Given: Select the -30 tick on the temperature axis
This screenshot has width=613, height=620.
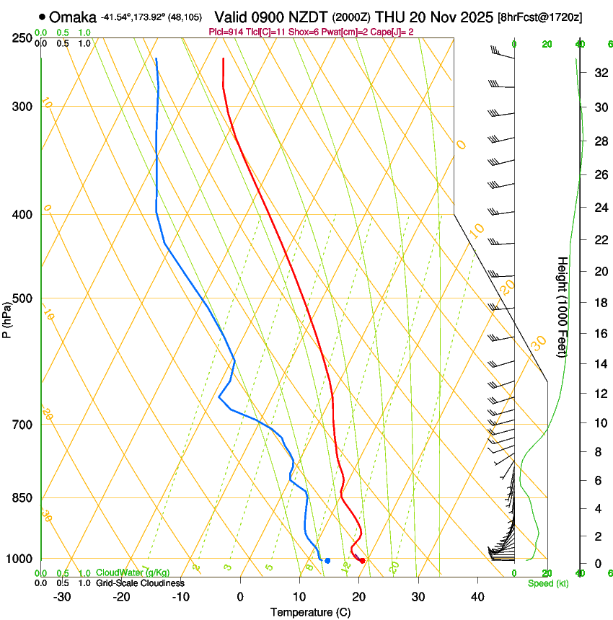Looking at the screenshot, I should (62, 596).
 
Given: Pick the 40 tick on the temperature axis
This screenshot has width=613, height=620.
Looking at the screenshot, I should (477, 596).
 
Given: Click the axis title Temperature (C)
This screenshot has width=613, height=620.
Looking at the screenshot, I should (310, 612).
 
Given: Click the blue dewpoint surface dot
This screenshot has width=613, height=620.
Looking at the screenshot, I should (327, 560).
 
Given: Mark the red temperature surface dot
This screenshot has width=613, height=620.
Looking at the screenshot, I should (363, 560).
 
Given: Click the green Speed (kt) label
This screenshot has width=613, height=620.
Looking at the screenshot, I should (547, 583).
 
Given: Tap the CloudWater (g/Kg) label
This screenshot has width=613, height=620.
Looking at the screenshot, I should (132, 573).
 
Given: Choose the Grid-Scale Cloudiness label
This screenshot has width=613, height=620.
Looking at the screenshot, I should (140, 583).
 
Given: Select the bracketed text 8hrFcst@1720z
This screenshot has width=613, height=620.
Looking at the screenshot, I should (540, 17).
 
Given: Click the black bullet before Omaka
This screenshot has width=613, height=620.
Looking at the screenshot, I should (43, 16).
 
